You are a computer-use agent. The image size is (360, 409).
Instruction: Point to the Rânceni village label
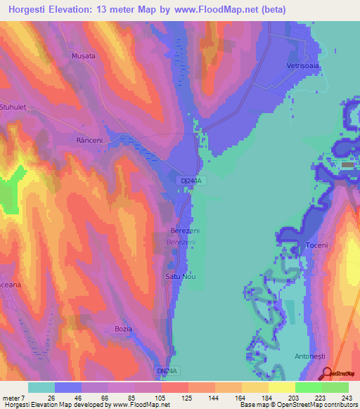point(89,141)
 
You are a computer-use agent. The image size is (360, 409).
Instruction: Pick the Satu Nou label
point(180,276)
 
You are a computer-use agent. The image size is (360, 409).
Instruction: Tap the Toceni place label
point(318,245)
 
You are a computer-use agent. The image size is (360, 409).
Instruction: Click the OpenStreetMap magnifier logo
point(326,374)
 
